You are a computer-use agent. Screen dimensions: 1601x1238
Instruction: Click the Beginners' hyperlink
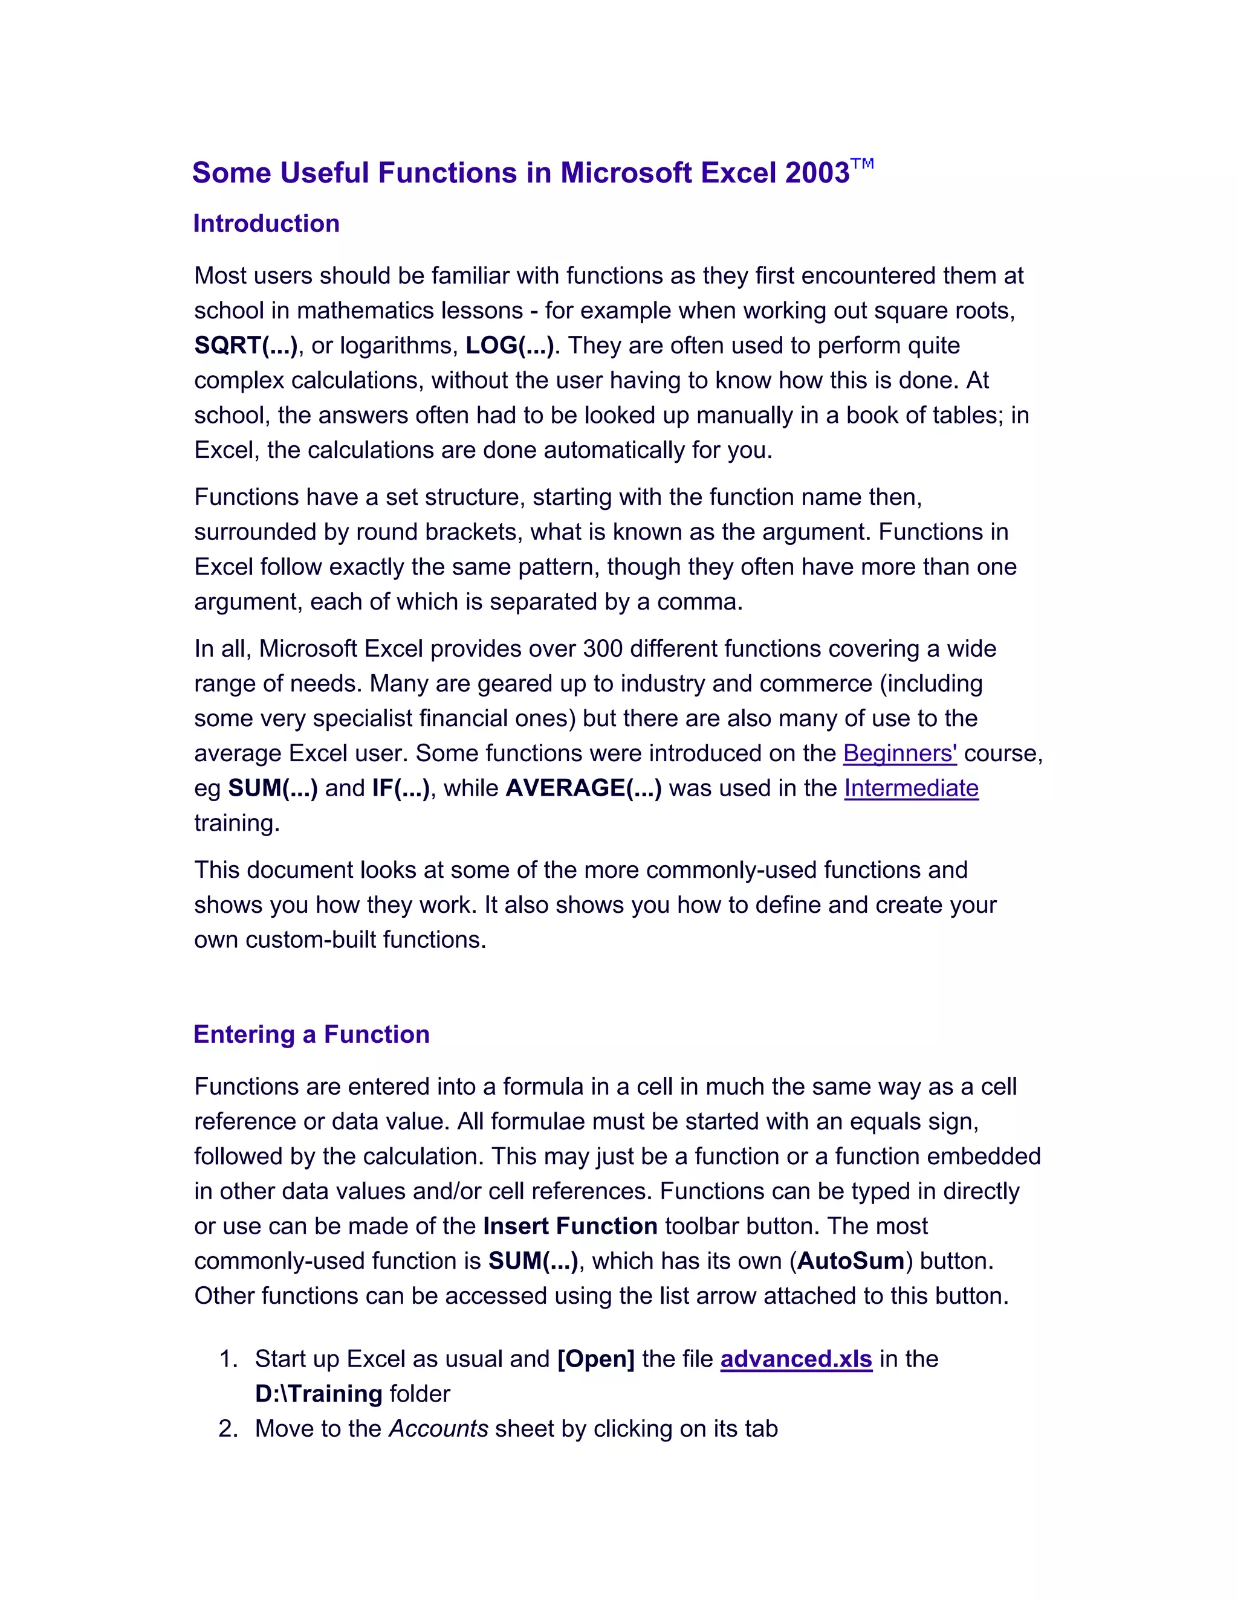click(x=899, y=753)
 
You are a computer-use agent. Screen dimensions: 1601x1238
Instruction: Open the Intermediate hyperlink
click(x=911, y=788)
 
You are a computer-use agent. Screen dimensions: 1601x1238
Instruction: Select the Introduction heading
click(x=266, y=224)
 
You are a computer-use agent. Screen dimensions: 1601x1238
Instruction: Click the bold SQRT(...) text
click(x=245, y=345)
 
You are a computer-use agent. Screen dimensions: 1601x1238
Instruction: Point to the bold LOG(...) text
click(x=510, y=345)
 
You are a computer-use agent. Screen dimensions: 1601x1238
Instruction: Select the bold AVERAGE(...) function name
click(x=584, y=788)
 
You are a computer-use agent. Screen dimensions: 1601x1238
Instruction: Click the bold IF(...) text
click(x=400, y=788)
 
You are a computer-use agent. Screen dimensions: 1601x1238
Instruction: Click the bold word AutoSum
click(x=851, y=1261)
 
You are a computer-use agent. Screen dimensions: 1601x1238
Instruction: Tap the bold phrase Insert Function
click(x=570, y=1226)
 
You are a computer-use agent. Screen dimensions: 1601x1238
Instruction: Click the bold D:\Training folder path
click(x=319, y=1394)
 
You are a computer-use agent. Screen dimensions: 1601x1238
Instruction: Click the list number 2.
click(x=227, y=1429)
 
